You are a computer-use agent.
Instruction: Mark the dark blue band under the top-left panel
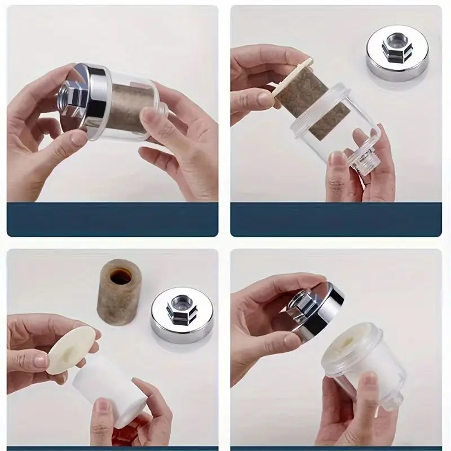(113, 219)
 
